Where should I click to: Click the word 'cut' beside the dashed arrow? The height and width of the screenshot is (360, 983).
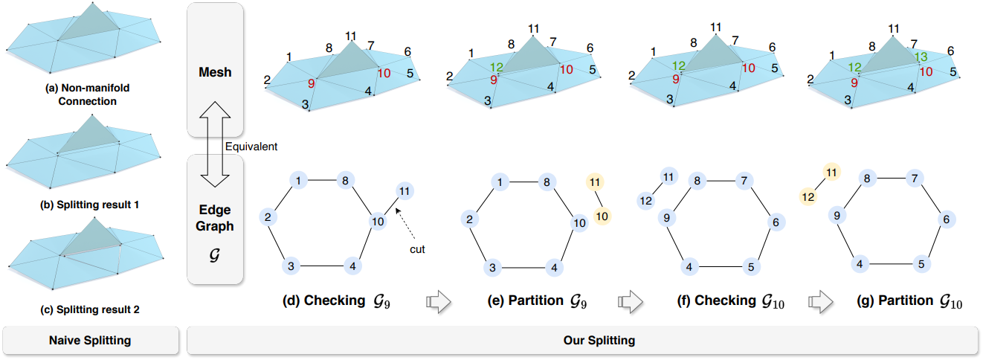(417, 249)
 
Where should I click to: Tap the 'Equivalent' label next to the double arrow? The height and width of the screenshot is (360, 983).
(251, 147)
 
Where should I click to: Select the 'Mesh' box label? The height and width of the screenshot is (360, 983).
(215, 73)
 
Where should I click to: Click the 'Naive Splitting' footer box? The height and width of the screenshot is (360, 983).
(90, 341)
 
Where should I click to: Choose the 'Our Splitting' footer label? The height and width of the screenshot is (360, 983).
(584, 341)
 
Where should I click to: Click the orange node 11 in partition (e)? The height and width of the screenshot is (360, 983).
(593, 182)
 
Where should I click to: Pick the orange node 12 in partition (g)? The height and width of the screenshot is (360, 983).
(808, 197)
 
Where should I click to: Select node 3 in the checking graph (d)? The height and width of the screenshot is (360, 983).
(291, 267)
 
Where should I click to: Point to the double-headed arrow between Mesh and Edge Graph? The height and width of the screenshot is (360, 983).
(215, 146)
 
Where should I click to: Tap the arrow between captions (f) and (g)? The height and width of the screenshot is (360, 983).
(820, 301)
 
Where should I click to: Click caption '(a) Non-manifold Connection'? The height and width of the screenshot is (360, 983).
(89, 94)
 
